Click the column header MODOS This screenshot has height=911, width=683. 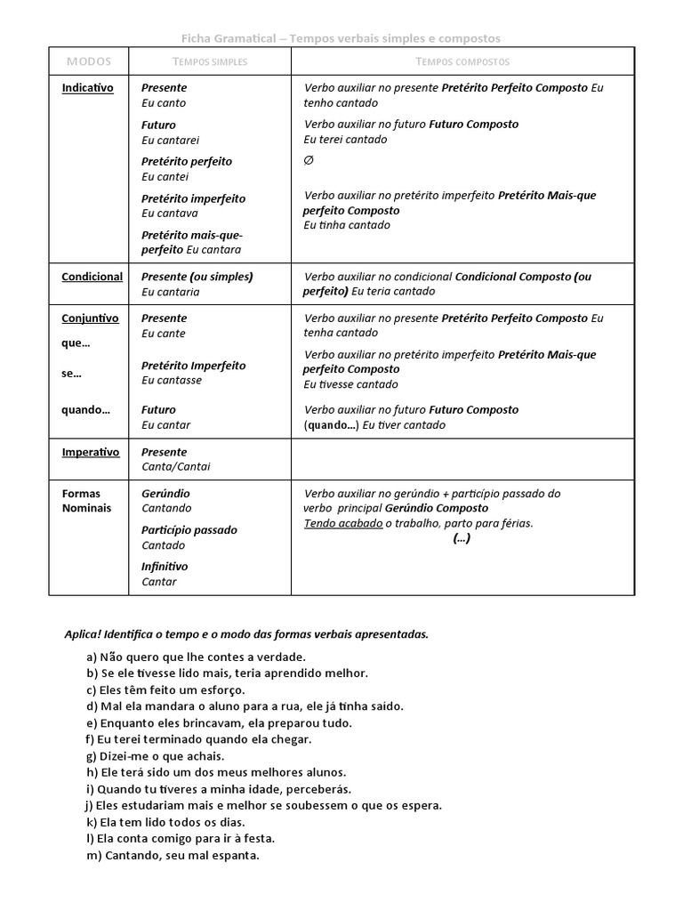89,61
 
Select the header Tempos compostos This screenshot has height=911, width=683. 462,61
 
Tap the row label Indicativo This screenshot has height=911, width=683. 87,89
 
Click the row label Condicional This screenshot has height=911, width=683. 92,277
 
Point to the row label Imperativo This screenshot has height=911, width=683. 91,452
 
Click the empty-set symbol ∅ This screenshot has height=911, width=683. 309,160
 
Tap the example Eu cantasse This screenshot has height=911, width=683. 172,380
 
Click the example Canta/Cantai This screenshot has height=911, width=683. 176,466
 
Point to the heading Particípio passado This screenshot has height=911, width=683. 189,530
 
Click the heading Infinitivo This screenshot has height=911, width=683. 165,567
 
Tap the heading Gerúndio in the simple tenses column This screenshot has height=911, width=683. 165,494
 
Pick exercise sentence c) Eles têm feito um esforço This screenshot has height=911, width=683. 165,689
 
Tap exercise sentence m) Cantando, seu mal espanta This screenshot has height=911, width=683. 173,856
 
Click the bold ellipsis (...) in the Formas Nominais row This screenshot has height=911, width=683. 462,538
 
